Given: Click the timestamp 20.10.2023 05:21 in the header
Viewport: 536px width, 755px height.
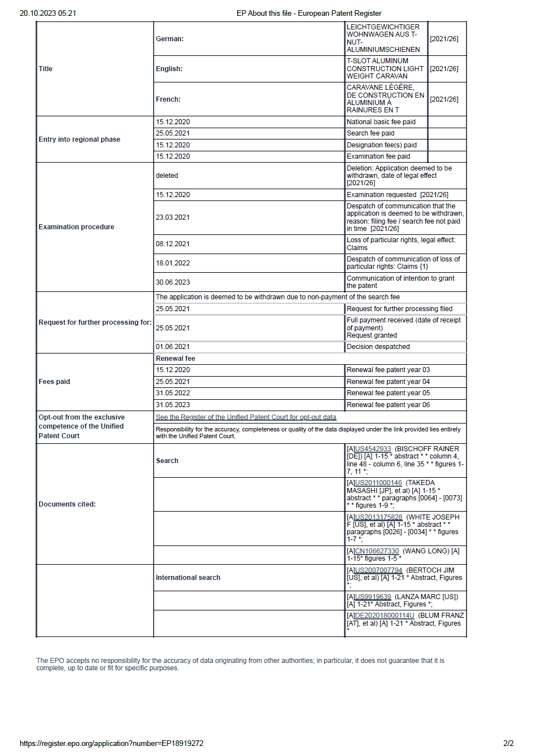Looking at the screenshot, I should [x=48, y=13].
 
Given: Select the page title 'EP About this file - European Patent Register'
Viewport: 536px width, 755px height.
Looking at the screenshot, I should [x=309, y=13].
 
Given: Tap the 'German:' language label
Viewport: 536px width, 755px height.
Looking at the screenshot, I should [x=169, y=39].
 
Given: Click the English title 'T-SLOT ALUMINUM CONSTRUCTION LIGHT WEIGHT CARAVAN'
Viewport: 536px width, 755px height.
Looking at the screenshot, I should [x=385, y=68].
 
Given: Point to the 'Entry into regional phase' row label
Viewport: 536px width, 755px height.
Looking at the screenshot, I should [x=79, y=139].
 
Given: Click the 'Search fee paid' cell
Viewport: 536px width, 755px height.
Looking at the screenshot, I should [x=371, y=133].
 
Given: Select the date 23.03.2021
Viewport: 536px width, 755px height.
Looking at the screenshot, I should [x=173, y=217].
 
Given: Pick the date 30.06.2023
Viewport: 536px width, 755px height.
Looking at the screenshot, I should [x=173, y=282].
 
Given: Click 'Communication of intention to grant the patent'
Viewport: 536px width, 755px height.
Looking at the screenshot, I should [x=400, y=282].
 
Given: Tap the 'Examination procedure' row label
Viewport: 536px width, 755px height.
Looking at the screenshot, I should [x=76, y=227].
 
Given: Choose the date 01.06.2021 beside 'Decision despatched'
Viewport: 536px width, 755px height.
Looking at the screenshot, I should [x=173, y=347].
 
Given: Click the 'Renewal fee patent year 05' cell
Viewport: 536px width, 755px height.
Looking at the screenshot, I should [x=388, y=393].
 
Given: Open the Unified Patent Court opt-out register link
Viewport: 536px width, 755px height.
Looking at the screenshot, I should [x=246, y=417].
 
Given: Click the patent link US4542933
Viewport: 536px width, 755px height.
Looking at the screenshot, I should [x=373, y=449].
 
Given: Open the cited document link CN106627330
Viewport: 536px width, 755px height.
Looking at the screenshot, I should [x=377, y=551].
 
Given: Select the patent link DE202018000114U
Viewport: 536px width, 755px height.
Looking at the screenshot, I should [x=384, y=616].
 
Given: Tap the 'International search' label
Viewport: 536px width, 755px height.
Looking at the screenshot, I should [x=188, y=578].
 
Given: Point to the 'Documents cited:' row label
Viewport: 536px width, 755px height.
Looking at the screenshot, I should [x=67, y=504].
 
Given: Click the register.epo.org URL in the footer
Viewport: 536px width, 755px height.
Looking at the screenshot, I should [x=111, y=743].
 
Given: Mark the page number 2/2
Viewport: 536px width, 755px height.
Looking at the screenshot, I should [x=508, y=743].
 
